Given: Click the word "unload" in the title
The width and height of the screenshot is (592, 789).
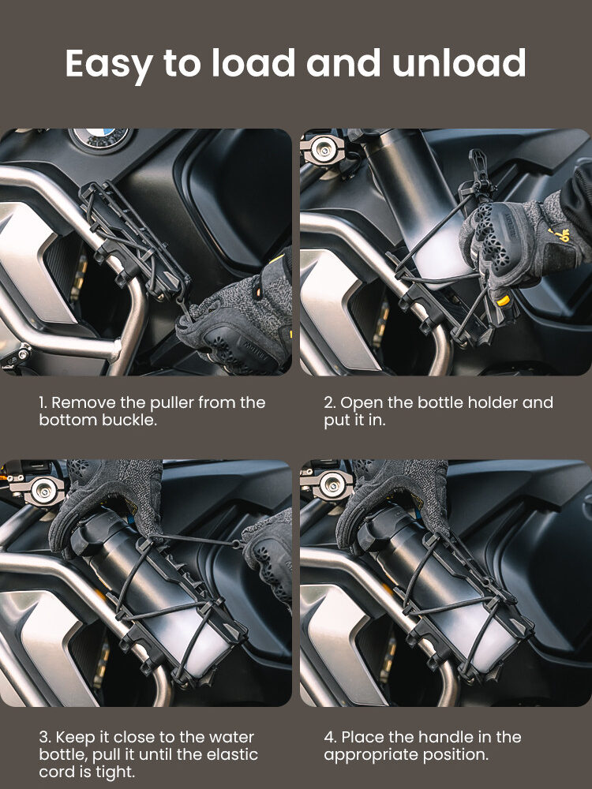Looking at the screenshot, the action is (x=459, y=63).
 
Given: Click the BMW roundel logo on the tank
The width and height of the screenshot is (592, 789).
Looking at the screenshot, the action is (x=101, y=136).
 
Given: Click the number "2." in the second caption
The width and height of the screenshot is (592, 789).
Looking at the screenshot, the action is (x=330, y=402).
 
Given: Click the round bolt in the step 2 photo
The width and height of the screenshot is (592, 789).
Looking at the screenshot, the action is (x=322, y=149).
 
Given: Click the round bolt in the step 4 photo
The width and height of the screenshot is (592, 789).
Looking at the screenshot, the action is (x=332, y=484).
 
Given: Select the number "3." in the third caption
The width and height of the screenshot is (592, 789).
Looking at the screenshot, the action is (x=45, y=737).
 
